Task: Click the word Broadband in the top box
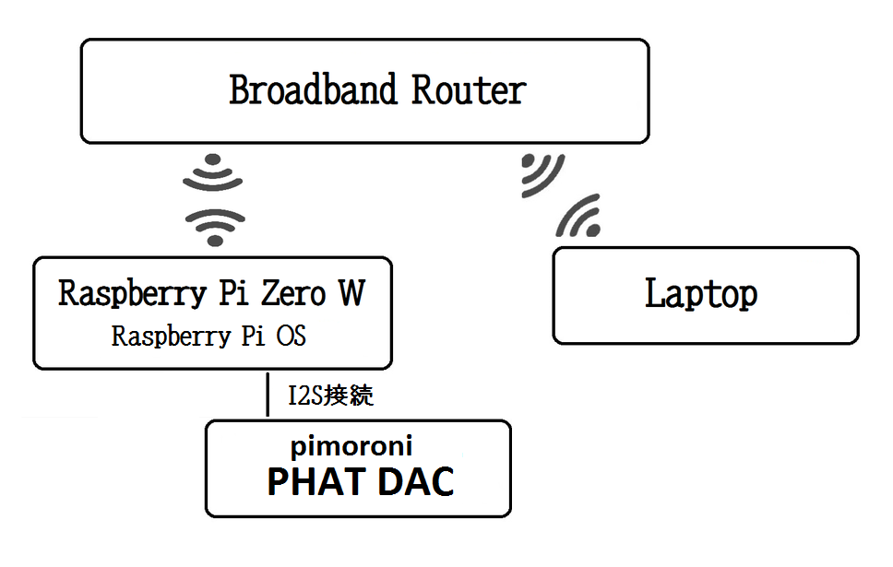[313, 90]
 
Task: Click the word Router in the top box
[469, 90]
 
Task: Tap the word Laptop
[701, 294]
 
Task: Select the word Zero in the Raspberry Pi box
[293, 294]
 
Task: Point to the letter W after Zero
[352, 293]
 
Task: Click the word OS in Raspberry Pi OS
[291, 336]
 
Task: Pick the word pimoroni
[351, 446]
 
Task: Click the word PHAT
[316, 481]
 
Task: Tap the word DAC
[416, 481]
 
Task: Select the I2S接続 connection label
[331, 396]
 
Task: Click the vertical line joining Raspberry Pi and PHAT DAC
[268, 395]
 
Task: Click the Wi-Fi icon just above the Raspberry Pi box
[215, 228]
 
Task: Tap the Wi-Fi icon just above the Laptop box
[578, 216]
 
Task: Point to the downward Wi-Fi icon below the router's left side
[213, 171]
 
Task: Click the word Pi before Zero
[234, 293]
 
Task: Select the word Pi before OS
[253, 336]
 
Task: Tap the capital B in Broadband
[241, 90]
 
